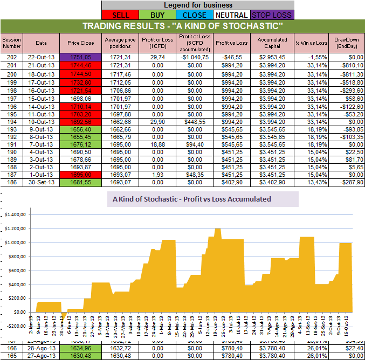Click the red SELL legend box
coord(120,15)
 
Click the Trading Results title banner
coord(182,26)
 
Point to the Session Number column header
coord(11,43)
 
